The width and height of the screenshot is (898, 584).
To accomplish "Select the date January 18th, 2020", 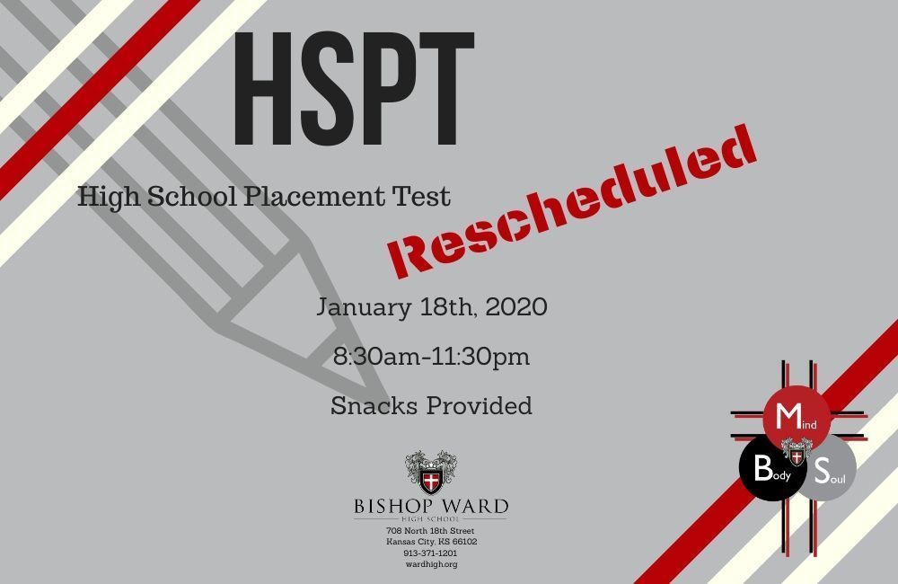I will click(x=431, y=307).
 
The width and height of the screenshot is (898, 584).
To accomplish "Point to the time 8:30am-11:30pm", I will click(x=431, y=357).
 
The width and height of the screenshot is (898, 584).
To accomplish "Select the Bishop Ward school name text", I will click(x=431, y=506).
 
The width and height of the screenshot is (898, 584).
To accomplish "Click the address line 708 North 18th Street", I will click(x=431, y=531).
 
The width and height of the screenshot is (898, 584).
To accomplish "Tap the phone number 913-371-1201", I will click(x=431, y=553).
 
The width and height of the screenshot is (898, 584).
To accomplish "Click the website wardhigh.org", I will click(x=431, y=563).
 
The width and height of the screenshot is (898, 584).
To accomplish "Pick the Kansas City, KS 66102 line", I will click(x=431, y=542).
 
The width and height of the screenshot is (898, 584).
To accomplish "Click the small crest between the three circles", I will click(x=797, y=452).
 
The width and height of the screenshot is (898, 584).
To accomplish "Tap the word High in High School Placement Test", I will click(x=104, y=197).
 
